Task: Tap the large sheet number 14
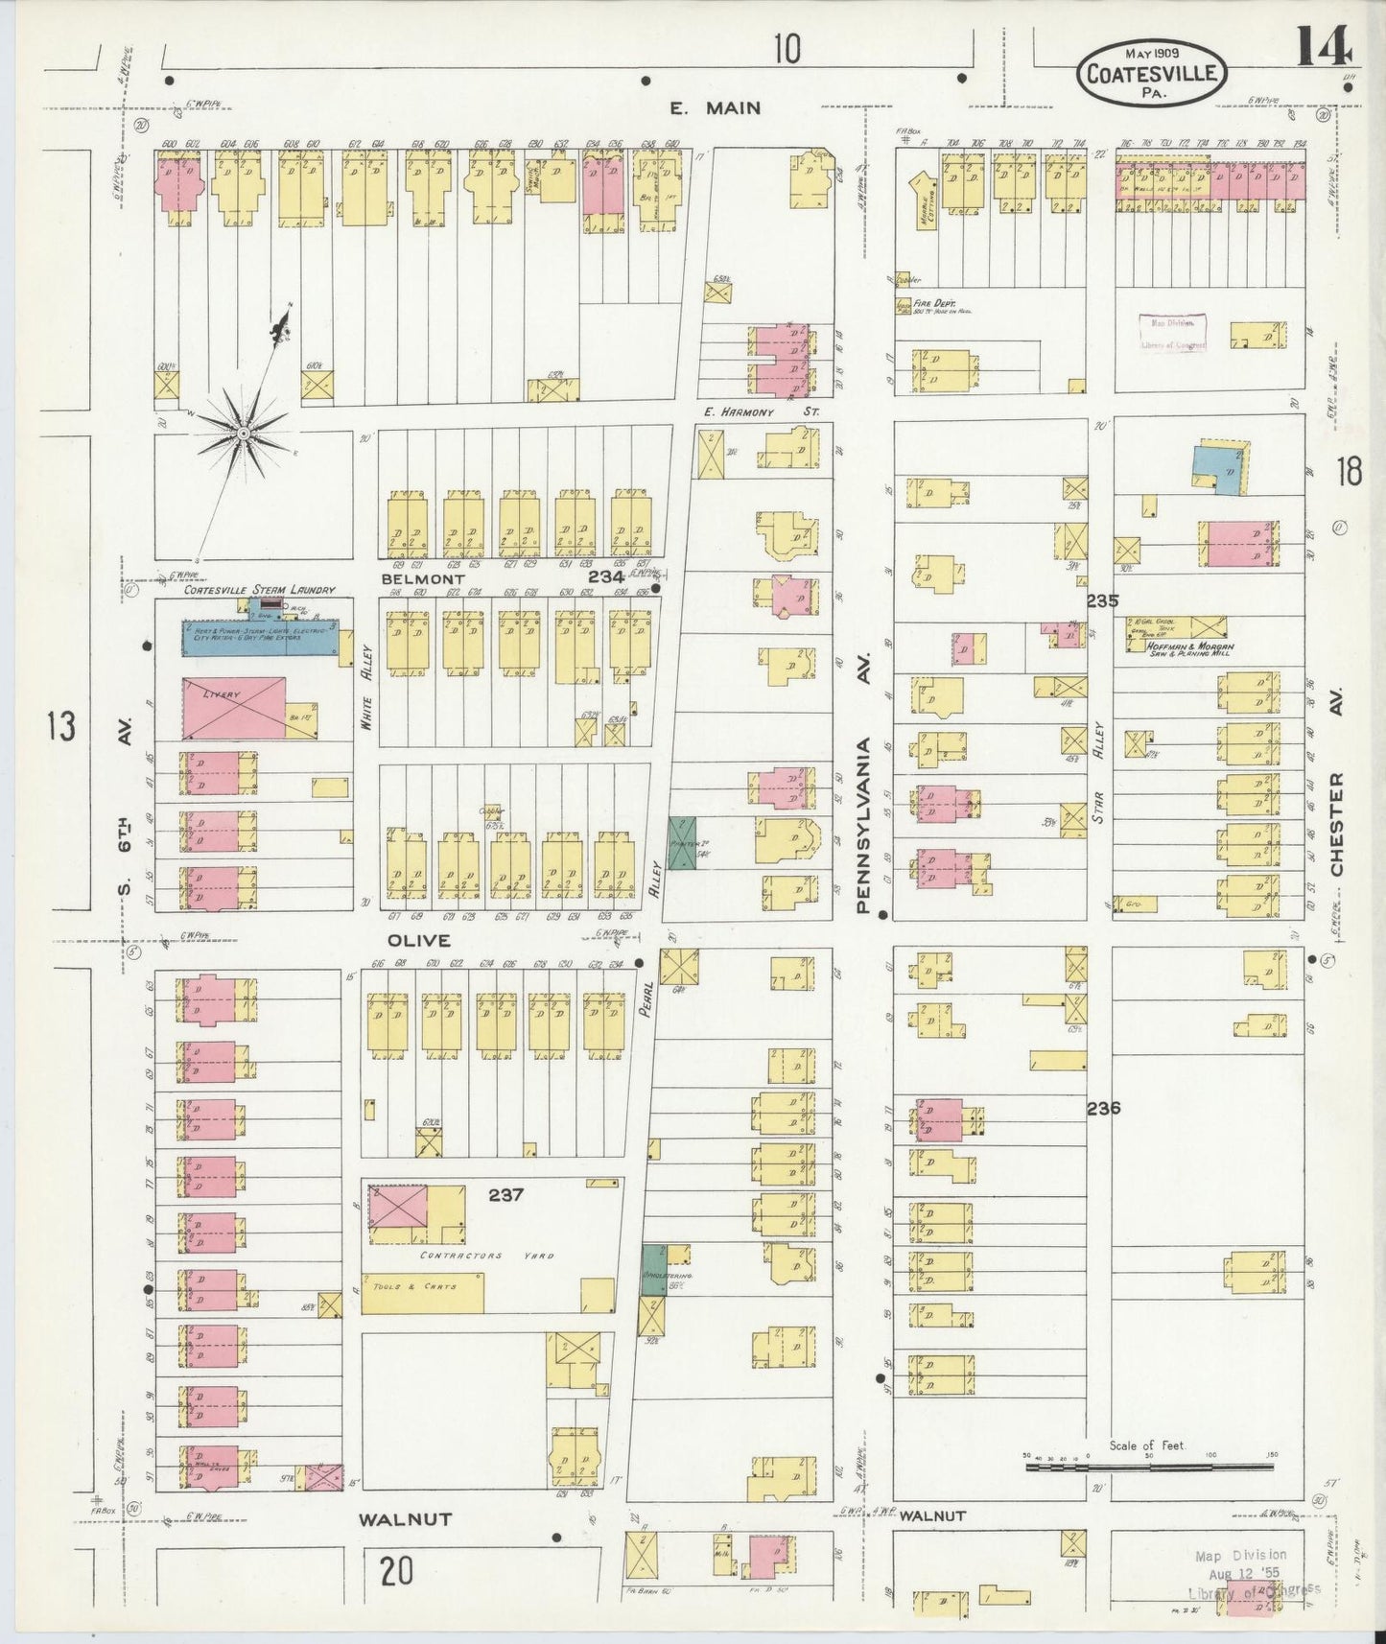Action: coord(1324,45)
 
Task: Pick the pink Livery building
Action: coord(233,708)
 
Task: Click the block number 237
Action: coord(505,1195)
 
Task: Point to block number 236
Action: coord(1103,1108)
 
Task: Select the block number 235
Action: coord(1103,601)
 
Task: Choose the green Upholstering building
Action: coord(653,1271)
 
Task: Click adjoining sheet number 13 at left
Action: coord(60,726)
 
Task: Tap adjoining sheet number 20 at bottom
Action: coord(396,1572)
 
